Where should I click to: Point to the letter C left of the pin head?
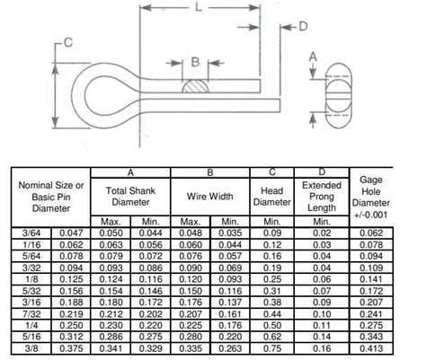(x=67, y=43)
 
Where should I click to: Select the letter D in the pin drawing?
(x=302, y=26)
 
